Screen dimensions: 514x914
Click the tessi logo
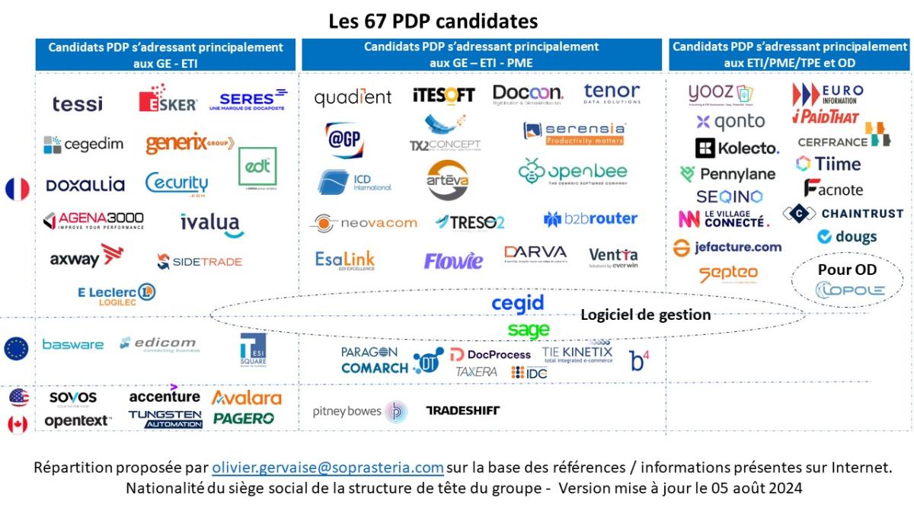[x=77, y=104]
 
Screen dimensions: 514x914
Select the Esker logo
[x=168, y=101]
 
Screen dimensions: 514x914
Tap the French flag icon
[x=17, y=189]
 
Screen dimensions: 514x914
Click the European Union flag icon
[x=16, y=348]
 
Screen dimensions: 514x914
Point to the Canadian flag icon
[x=18, y=424]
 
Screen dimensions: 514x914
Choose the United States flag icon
[x=18, y=397]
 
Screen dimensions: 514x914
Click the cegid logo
[x=517, y=303]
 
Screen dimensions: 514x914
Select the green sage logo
[x=528, y=330]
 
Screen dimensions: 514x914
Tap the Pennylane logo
[x=727, y=174]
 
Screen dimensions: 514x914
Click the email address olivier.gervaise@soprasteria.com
[x=328, y=467]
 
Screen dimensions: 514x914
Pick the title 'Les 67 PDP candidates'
[x=433, y=20]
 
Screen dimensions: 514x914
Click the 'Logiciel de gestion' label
[x=645, y=314]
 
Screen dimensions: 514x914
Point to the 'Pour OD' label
[x=847, y=270]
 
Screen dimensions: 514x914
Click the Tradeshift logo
[x=462, y=410]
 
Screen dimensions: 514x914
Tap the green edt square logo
[x=257, y=167]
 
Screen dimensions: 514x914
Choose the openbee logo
[x=573, y=173]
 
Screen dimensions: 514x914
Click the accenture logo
[x=165, y=395]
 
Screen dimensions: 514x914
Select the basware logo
[x=72, y=344]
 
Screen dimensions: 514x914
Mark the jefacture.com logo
[x=727, y=247]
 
